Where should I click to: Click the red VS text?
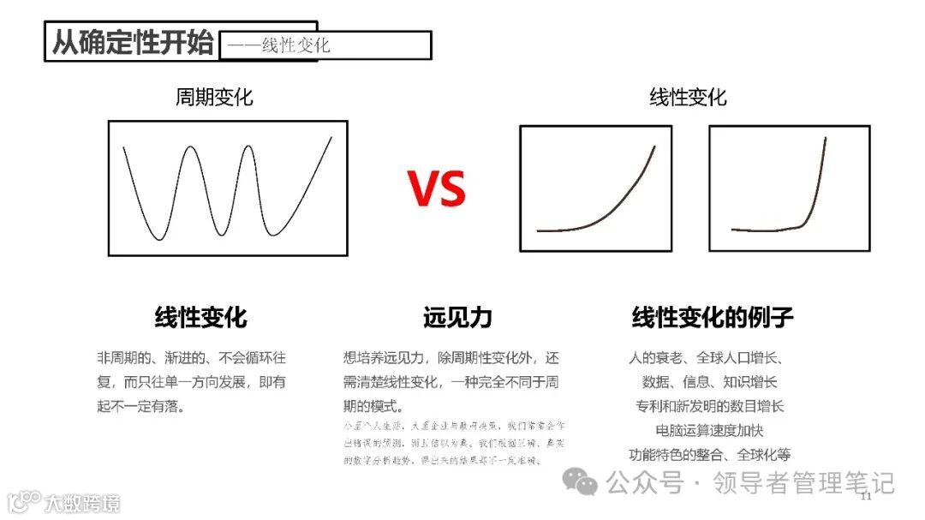[436, 189]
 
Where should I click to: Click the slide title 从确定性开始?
[133, 42]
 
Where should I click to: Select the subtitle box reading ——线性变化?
[325, 45]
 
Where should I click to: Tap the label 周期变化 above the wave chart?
[214, 97]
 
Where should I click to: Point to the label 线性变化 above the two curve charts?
[688, 97]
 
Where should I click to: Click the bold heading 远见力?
[457, 318]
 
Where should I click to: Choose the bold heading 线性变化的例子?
[713, 318]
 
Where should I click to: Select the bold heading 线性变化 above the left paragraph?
[200, 318]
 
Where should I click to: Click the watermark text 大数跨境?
[82, 502]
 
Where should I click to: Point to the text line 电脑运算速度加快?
[709, 430]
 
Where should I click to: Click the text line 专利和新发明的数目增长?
[709, 406]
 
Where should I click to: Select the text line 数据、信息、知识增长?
[709, 382]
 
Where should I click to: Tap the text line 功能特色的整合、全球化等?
[709, 454]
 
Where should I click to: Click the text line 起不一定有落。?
[141, 406]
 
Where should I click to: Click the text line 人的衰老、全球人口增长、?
[709, 358]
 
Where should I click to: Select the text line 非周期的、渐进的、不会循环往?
[191, 358]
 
